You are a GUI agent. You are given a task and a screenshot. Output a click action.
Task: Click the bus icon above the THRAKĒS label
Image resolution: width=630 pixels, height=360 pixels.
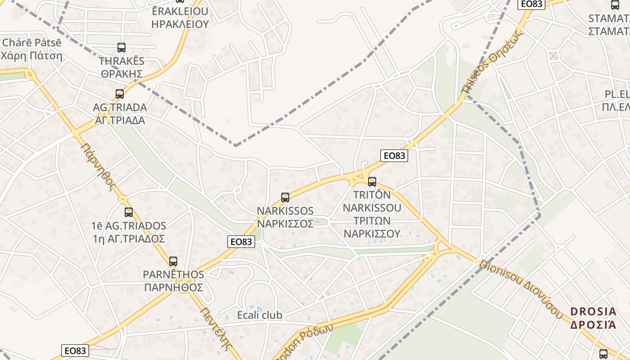click(121, 48)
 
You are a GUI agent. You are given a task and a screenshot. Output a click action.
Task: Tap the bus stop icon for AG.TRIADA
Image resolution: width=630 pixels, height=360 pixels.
click(120, 94)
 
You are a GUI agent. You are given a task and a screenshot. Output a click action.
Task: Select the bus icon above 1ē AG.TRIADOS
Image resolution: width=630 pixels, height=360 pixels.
click(129, 212)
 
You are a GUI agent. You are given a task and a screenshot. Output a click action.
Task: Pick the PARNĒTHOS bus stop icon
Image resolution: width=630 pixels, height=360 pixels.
click(173, 261)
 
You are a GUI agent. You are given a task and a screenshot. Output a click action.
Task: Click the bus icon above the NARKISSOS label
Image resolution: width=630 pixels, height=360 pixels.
click(285, 198)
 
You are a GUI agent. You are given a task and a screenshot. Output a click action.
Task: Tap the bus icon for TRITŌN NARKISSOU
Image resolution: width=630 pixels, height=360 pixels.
click(372, 182)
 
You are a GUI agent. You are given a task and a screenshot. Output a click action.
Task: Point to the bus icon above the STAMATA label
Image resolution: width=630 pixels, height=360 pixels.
click(615, 5)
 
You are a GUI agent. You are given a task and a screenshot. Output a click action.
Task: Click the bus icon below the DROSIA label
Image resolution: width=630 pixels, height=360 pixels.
click(603, 354)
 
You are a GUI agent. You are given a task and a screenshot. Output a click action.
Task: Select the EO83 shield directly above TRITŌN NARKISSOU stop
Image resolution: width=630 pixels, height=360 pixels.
click(394, 156)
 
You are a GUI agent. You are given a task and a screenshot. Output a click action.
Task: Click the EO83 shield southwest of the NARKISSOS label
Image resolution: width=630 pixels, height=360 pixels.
click(241, 242)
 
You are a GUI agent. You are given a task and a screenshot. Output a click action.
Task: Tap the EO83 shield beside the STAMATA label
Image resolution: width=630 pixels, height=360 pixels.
click(531, 4)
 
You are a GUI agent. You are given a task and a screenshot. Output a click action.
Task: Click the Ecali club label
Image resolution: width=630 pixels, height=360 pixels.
click(260, 315)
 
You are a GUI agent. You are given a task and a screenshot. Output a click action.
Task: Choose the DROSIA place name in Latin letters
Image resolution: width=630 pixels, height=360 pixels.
click(593, 311)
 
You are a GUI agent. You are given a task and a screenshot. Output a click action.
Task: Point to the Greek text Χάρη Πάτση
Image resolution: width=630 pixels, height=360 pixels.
click(31, 56)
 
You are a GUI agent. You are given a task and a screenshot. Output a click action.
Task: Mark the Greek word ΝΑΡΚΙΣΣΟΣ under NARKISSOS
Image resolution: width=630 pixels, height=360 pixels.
click(285, 224)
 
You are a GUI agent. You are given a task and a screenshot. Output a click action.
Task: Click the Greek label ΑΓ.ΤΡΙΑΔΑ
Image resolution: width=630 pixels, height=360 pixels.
click(120, 121)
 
